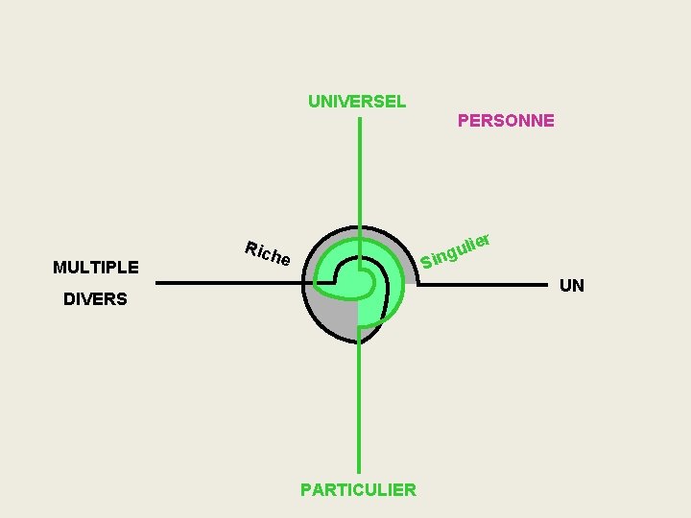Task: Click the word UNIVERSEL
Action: tap(357, 101)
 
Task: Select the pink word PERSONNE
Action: tap(506, 121)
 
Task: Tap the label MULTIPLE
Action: tap(96, 268)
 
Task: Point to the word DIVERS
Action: tap(95, 299)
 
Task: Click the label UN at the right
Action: tap(572, 286)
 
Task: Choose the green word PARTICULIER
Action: tap(358, 490)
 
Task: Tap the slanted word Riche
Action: tap(267, 253)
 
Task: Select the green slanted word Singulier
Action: tap(457, 249)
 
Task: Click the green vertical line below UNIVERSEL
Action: tap(359, 173)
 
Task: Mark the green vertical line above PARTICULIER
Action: tap(359, 412)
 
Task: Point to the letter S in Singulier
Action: tap(425, 261)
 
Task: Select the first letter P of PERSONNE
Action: tap(464, 121)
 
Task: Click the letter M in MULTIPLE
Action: tap(60, 268)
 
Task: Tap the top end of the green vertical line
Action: tap(359, 120)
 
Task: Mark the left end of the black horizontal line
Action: tap(157, 283)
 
